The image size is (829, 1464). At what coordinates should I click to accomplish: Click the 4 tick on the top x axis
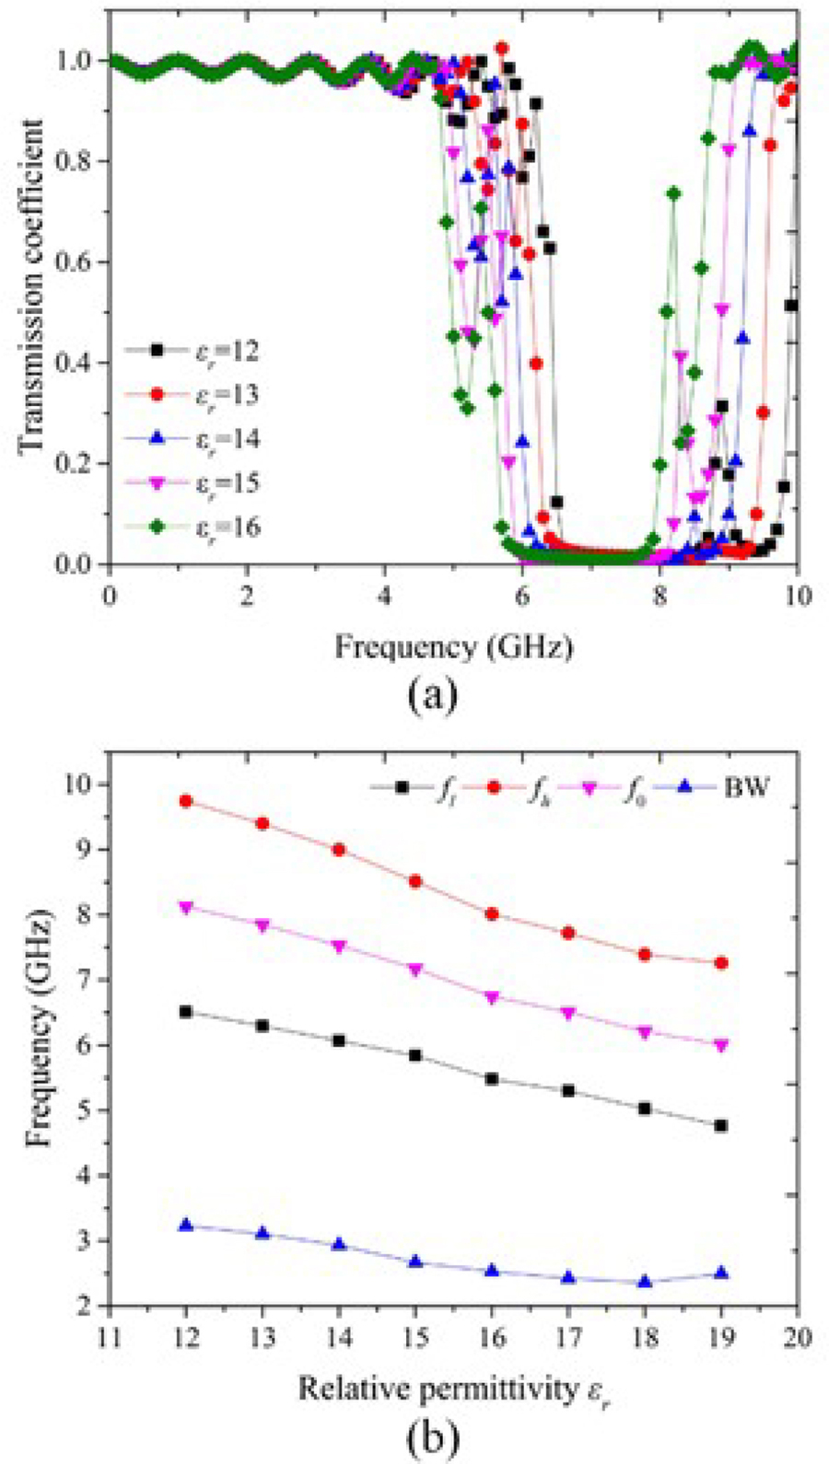384,594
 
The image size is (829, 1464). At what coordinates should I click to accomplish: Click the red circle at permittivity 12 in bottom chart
186,801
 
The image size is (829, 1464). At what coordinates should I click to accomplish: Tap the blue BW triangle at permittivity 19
721,1273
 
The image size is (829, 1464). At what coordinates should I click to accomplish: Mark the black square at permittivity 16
492,1079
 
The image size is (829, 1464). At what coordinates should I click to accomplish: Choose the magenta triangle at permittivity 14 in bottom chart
339,947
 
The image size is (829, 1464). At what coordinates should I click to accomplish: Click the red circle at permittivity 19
721,963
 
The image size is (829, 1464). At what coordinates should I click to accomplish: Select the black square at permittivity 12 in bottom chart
186,1012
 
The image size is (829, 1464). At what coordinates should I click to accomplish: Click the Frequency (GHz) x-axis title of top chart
453,648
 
